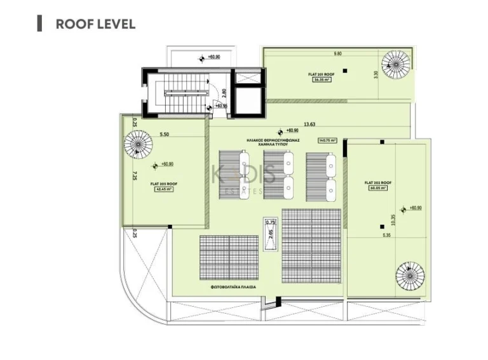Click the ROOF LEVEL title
[95, 24]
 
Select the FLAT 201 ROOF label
[321, 74]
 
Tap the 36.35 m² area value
[321, 81]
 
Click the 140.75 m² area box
[329, 141]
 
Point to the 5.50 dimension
[164, 134]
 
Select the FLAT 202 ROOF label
[378, 182]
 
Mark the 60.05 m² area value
[378, 188]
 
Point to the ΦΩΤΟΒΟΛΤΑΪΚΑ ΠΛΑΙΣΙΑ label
[234, 287]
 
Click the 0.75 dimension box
[270, 222]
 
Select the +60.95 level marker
[220, 106]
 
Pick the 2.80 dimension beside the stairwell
[224, 93]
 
